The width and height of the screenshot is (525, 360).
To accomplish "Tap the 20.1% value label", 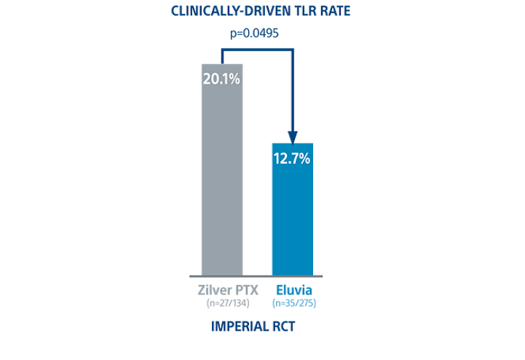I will point(222,78).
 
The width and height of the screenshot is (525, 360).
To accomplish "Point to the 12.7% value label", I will point(293,157).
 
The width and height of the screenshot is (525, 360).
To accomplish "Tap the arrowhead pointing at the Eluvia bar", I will point(293,136).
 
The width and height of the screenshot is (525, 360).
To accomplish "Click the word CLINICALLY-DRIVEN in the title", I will point(222,11).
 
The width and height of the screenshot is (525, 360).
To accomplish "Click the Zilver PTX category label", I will point(222,289).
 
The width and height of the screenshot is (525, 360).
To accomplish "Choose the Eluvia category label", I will point(293,289).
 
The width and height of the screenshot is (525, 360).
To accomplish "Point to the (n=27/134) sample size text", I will point(222,302).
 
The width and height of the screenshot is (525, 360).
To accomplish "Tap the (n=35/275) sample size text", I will point(293,302).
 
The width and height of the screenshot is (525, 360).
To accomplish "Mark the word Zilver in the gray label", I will point(212,289).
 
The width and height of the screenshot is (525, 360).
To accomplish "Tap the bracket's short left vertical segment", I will point(222,56).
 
